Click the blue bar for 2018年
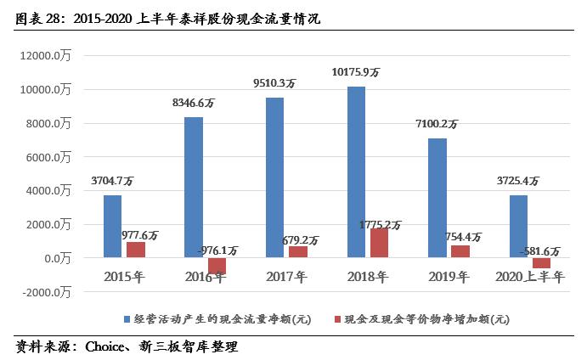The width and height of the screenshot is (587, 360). [x=357, y=172]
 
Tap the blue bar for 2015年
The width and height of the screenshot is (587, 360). [x=113, y=226]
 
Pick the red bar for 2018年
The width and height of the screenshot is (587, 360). [x=380, y=242]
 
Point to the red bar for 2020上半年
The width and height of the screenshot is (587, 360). [x=541, y=262]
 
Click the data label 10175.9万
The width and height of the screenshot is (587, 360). [x=355, y=74]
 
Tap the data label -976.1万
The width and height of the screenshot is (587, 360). [x=218, y=250]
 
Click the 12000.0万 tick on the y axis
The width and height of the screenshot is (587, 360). [x=48, y=56]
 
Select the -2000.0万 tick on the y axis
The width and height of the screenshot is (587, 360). [x=48, y=291]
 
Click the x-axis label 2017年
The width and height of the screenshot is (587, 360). [x=286, y=276]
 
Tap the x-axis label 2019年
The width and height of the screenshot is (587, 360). [x=449, y=276]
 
